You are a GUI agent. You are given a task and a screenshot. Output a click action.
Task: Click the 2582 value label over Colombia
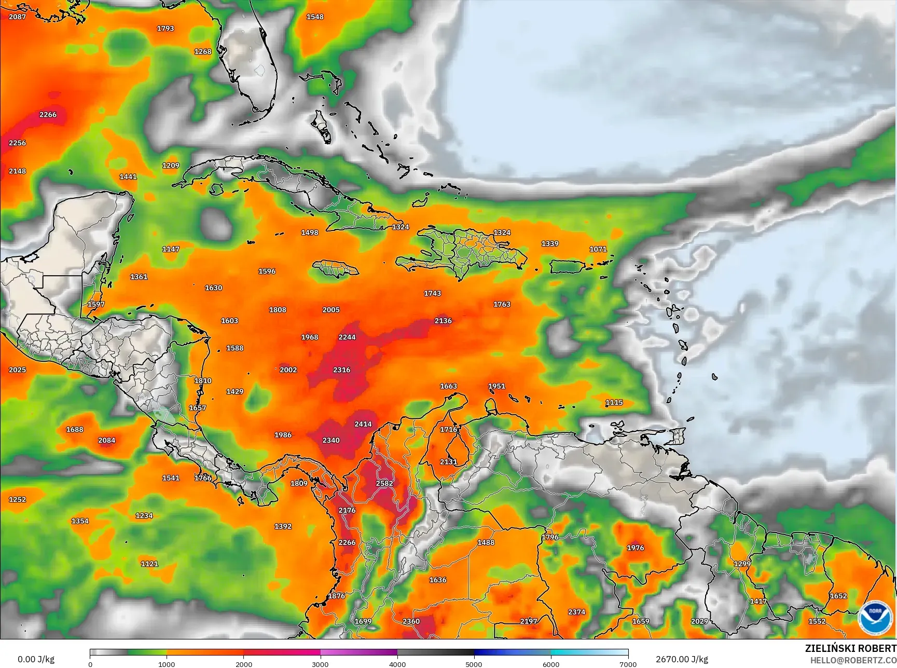(384, 483)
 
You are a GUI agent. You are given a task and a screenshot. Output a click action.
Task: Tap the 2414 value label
(363, 424)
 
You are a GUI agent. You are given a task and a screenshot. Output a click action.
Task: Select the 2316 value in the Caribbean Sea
(342, 370)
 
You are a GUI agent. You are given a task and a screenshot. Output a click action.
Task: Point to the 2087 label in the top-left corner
(17, 17)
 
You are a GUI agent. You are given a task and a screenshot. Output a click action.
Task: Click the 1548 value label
(315, 17)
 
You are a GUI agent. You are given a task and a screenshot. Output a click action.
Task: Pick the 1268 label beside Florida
(203, 52)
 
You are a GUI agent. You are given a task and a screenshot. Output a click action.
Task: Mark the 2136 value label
(443, 321)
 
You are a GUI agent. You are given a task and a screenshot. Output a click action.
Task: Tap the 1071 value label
(598, 249)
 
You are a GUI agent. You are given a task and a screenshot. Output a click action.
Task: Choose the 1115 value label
(614, 403)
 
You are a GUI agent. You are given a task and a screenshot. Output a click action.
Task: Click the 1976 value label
(636, 548)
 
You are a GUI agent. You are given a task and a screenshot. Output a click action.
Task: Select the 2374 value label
(577, 612)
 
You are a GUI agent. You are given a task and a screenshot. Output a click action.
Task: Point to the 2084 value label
(107, 441)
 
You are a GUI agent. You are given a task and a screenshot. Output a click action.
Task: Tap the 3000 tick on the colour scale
(321, 664)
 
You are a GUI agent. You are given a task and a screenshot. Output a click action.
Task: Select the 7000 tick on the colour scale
(628, 664)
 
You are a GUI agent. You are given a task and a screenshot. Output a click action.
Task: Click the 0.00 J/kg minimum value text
(36, 660)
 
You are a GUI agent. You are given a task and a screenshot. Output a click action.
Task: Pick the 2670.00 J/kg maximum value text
(682, 660)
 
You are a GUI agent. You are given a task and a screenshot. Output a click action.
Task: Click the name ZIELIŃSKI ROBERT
(850, 649)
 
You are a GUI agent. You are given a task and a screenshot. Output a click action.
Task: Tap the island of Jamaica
(336, 268)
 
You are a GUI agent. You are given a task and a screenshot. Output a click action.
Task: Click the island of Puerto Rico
(567, 267)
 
